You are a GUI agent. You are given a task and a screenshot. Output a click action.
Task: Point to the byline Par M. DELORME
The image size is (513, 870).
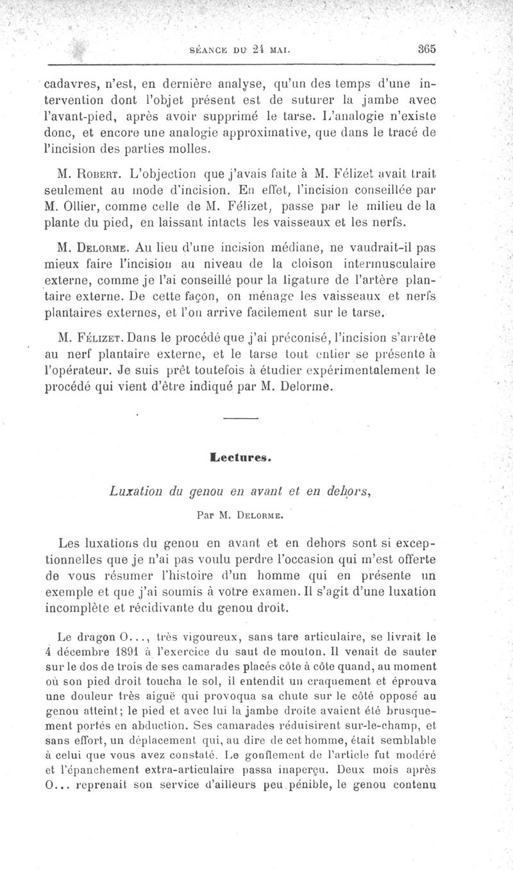[x=240, y=514]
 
